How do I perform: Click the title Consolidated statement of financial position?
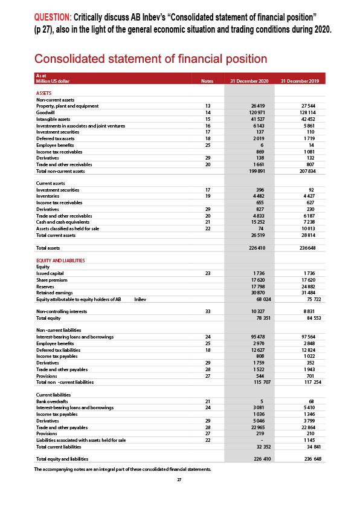[150, 59]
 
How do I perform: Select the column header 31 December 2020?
[249, 81]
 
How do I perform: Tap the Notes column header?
[207, 81]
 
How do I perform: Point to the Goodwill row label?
[46, 112]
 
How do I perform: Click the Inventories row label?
[48, 196]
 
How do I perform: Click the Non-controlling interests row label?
[63, 311]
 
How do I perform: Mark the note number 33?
[208, 311]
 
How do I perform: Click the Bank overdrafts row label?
[53, 400]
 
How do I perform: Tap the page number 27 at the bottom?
[179, 479]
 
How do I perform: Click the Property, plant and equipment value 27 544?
[308, 106]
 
